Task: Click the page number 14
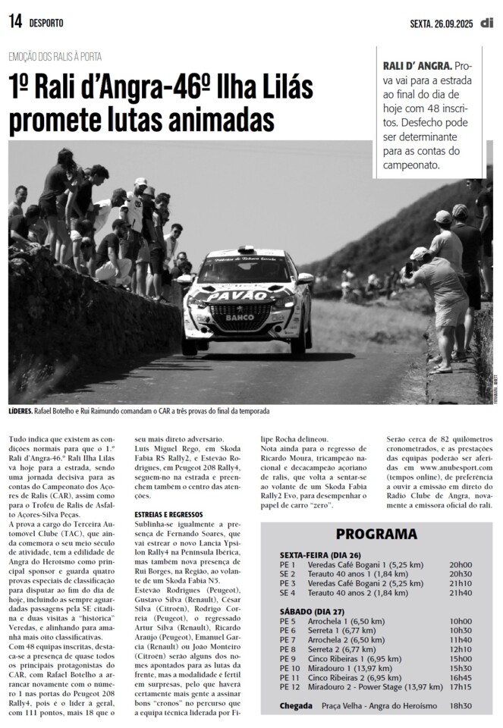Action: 14,22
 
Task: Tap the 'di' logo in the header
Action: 486,23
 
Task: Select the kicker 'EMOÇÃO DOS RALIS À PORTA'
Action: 55,56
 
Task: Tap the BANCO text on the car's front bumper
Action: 240,318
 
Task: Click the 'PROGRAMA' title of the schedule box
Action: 376,534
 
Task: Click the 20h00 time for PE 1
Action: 461,565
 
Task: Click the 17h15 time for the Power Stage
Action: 461,687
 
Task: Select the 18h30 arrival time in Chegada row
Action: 461,706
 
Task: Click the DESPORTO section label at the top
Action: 46,23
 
